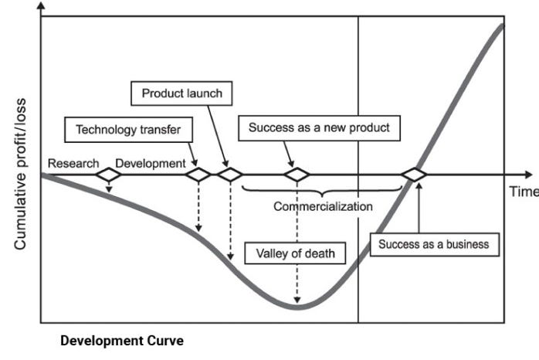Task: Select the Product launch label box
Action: point(181,93)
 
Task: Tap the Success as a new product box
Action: point(319,127)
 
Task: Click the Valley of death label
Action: point(296,253)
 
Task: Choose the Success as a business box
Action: point(434,244)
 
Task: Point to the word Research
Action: point(73,163)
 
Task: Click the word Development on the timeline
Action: point(150,163)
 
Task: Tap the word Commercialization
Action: point(323,206)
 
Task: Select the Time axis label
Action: point(522,192)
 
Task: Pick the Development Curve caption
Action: point(123,340)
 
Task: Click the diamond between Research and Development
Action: point(108,175)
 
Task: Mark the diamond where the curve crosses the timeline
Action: point(415,175)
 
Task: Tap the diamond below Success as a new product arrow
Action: point(297,175)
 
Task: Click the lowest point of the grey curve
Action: point(297,307)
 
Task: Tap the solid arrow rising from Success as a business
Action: point(417,209)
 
